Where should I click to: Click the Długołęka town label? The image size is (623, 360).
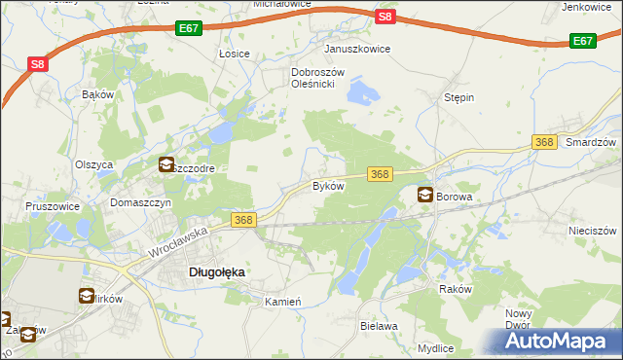click(x=215, y=273)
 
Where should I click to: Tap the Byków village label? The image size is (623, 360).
click(x=328, y=185)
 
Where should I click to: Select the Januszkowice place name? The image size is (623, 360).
click(x=357, y=49)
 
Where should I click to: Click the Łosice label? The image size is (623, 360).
click(x=235, y=54)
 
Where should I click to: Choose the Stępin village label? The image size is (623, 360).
click(x=458, y=98)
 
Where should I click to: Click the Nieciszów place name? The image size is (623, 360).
click(x=593, y=232)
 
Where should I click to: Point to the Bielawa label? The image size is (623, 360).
click(x=380, y=326)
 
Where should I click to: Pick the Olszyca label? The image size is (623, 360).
click(x=94, y=164)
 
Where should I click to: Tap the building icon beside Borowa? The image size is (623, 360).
click(x=425, y=195)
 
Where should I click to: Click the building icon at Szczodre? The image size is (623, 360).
click(x=165, y=165)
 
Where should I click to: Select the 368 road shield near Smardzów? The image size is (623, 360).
click(x=544, y=143)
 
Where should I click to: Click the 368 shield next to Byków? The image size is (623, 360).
click(x=380, y=173)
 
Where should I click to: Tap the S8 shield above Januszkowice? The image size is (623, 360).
click(x=385, y=17)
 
